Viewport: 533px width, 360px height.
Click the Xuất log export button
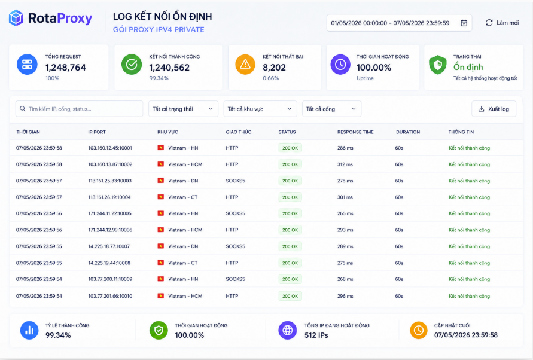coord(494,109)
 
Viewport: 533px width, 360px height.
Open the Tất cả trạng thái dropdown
coord(183,109)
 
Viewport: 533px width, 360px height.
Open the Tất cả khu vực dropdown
coord(260,109)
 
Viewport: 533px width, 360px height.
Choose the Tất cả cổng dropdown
coord(331,109)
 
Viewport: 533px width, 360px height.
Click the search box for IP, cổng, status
coord(79,109)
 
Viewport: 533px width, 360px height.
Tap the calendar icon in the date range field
coord(464,23)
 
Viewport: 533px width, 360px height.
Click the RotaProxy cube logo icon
coord(16,18)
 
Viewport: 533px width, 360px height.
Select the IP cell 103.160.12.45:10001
coord(110,148)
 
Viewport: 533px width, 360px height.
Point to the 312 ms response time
coord(345,164)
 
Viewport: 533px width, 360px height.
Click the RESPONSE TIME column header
coord(355,132)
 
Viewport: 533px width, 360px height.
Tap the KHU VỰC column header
coord(167,132)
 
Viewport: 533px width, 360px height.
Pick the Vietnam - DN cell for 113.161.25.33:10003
coord(183,181)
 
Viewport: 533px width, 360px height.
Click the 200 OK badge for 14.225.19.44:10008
coord(290,263)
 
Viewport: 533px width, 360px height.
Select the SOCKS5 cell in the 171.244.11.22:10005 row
coord(235,213)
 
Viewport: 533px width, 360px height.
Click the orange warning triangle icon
coord(245,64)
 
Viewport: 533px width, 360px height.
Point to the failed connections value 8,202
coord(274,68)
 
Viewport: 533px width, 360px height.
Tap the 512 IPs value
coord(316,335)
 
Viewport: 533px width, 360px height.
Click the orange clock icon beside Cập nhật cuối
coord(419,330)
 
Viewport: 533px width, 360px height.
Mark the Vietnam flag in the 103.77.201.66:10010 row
coord(161,296)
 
